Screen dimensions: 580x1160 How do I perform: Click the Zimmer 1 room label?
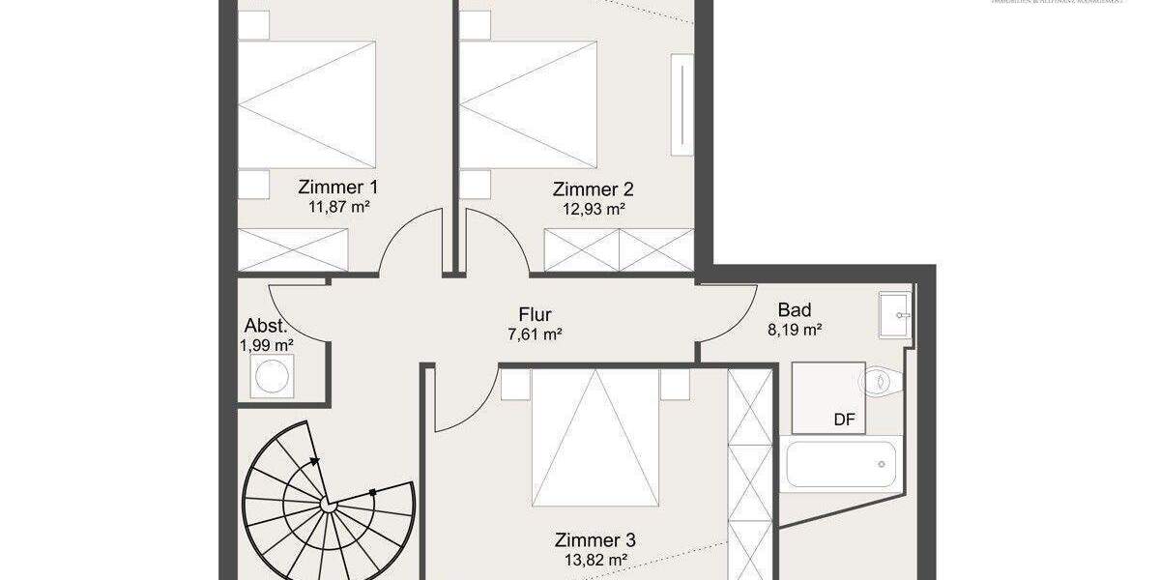pyautogui.click(x=338, y=188)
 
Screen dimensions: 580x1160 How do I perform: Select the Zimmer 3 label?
pyautogui.click(x=594, y=540)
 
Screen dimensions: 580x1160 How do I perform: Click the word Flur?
pyautogui.click(x=535, y=314)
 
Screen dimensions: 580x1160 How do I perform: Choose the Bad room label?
pyautogui.click(x=795, y=310)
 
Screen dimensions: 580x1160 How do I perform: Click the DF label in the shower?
pyautogui.click(x=845, y=420)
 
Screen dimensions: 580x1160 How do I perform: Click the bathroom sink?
pyautogui.click(x=895, y=313)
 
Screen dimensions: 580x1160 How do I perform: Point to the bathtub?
pyautogui.click(x=843, y=464)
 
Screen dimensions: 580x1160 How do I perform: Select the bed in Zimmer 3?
pyautogui.click(x=594, y=435)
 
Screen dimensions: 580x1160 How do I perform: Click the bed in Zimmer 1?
pyautogui.click(x=305, y=106)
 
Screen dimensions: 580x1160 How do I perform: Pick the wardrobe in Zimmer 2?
pyautogui.click(x=620, y=249)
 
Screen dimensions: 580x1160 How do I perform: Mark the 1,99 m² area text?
pyautogui.click(x=267, y=344)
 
